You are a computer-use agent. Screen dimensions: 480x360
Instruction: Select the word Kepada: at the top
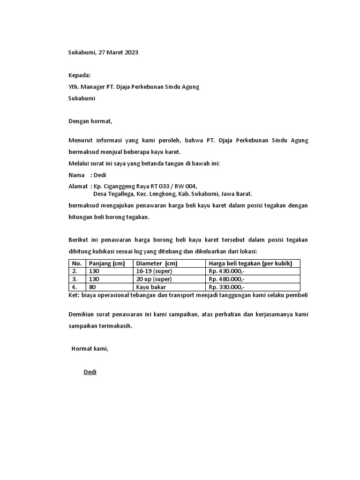point(80,75)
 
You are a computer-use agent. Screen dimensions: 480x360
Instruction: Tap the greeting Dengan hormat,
point(91,121)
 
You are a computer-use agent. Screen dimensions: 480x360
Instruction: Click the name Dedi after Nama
point(100,175)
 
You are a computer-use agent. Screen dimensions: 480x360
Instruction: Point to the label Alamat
point(78,186)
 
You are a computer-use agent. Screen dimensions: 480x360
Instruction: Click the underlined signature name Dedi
point(90,372)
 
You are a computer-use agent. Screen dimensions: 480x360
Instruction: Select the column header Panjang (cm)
point(106,263)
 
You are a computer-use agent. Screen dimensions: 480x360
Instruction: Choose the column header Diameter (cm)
point(157,263)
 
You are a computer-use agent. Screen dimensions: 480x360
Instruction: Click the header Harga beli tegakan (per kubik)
point(250,263)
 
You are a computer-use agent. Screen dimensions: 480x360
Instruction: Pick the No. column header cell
point(77,263)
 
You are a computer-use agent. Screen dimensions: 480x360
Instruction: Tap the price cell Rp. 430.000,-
point(226,271)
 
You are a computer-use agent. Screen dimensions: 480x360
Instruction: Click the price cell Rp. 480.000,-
point(226,279)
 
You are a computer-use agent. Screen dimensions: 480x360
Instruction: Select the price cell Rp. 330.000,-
point(226,287)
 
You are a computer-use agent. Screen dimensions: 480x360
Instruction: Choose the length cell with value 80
point(92,287)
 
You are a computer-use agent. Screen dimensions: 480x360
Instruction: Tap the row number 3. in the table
point(75,279)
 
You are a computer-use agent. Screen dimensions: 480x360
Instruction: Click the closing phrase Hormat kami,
point(90,348)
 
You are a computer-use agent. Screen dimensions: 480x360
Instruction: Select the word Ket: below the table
point(74,296)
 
